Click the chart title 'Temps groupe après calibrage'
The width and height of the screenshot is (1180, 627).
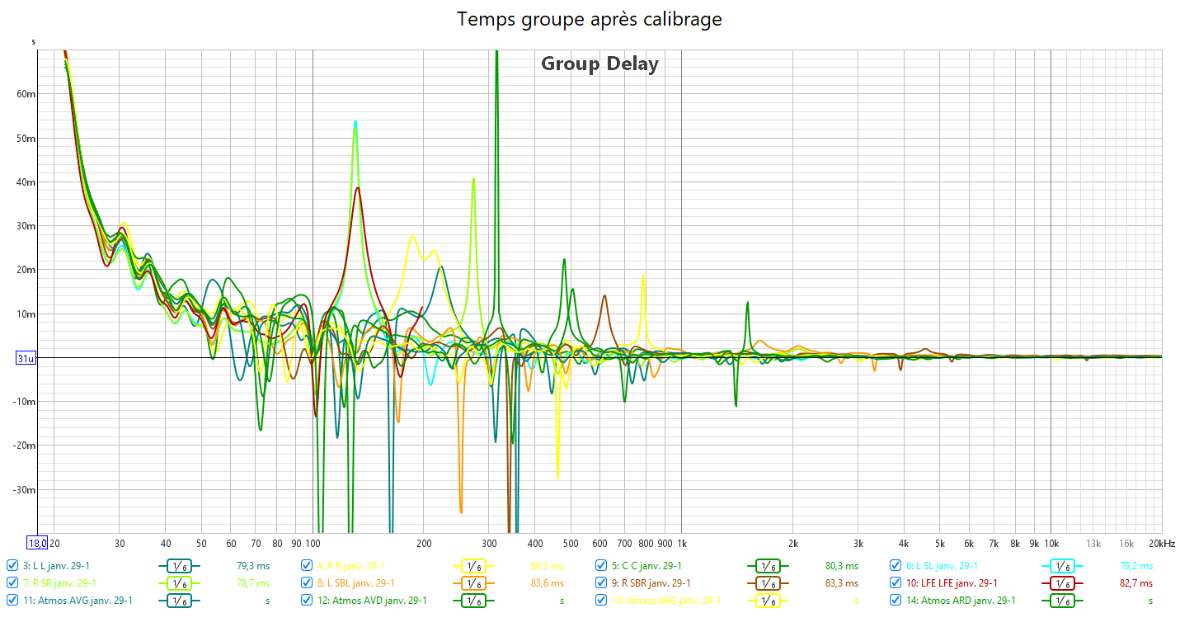pos(590,19)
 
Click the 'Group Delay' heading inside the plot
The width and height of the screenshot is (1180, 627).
pos(599,64)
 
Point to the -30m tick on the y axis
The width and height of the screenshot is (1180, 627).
pos(26,490)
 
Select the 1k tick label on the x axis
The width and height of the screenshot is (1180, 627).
pos(683,544)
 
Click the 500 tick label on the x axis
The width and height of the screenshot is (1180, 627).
pos(571,544)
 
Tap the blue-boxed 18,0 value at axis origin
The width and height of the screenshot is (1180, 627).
pos(37,544)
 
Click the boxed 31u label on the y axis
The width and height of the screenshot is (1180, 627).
pos(26,358)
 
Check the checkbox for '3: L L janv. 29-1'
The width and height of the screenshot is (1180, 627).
pos(12,566)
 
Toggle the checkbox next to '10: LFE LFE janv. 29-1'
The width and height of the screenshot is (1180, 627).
pos(896,583)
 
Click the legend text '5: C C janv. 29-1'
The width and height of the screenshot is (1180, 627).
pos(646,566)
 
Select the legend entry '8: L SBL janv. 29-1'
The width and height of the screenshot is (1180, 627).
pos(355,583)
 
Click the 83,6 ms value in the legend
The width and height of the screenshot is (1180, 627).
pos(547,583)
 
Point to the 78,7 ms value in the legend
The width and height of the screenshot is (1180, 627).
pos(252,583)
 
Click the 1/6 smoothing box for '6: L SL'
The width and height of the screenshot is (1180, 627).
pos(1063,566)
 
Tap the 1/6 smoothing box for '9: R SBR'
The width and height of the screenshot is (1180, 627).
pos(768,583)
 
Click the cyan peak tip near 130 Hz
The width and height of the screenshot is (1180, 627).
pos(355,121)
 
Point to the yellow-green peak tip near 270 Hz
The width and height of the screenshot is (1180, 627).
pos(473,179)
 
